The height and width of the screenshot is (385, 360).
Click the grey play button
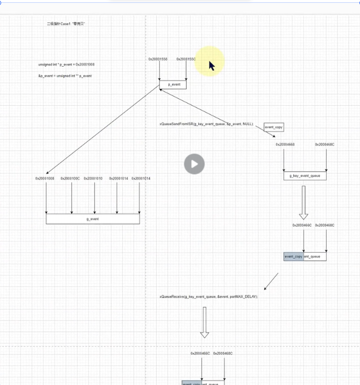point(194,164)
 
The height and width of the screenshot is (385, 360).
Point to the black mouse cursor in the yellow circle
point(211,66)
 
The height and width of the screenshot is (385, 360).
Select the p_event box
point(173,84)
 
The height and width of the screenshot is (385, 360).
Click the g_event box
point(92,218)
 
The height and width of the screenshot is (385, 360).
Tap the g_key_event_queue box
point(305,176)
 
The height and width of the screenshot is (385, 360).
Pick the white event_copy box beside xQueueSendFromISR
point(274,127)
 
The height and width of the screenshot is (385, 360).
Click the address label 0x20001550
point(158,59)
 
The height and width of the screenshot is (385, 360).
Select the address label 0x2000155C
point(186,59)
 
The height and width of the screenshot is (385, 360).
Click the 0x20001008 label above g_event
point(45,179)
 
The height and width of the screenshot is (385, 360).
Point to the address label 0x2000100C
point(70,179)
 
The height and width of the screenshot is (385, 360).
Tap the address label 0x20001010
point(93,179)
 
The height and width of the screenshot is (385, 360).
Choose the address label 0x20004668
point(285,145)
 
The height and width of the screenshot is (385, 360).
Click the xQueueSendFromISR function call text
point(206,124)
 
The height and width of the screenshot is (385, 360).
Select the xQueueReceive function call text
point(209,297)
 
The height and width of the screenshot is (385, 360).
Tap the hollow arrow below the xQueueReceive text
point(204,322)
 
